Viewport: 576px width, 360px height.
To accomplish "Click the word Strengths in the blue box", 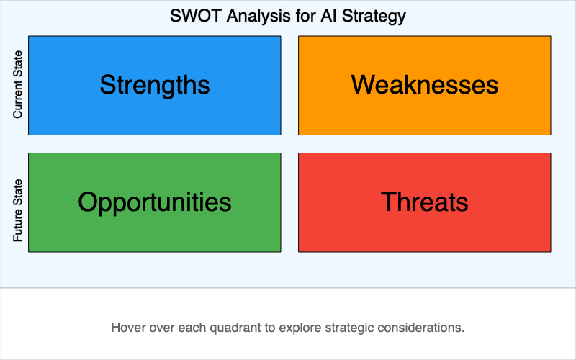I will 155,85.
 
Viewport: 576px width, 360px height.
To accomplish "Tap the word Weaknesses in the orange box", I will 425,85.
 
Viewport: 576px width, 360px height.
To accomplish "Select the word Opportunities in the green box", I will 155,202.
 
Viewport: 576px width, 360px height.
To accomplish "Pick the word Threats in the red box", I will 425,202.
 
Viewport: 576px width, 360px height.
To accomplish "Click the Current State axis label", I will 19,85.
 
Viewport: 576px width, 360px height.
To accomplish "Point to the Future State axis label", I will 19,210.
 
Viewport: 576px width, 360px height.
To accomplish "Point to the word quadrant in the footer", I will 237,328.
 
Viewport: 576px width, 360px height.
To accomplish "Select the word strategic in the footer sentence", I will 352,328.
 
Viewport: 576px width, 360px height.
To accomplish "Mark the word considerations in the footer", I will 423,328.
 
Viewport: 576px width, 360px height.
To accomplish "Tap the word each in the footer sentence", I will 197,328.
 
